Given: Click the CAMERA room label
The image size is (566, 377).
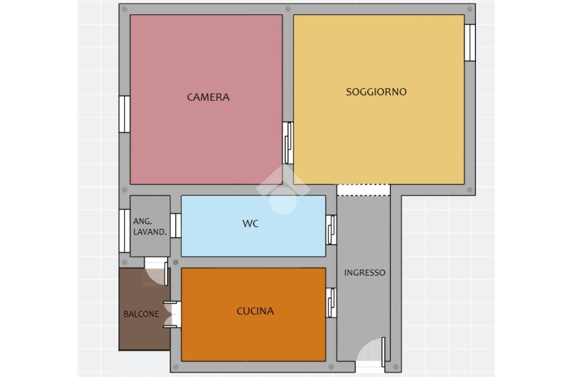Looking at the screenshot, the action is pos(208,97).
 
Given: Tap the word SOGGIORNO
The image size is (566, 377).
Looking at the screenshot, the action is pos(376,92).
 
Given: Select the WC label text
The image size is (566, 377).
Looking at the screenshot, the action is pos(250,223).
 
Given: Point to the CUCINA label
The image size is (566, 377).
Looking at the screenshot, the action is pos(255,311).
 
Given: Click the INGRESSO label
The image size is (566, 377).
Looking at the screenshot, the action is pos(365,273).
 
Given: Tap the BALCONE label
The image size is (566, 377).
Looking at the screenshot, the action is pos(141,314).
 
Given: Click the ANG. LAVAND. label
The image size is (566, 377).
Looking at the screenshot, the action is pos(150,227).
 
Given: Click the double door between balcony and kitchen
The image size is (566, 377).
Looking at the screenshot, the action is pos(172,314).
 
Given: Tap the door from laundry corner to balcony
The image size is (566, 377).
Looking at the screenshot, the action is pos(156,271).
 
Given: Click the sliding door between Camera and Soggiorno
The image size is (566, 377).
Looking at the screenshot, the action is pos(287,143).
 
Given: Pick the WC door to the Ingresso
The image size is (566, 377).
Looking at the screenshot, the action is pos(331,229).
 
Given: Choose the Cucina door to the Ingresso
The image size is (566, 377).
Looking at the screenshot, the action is pos(331,302).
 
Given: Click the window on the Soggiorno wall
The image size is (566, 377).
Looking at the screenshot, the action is pos(470,43).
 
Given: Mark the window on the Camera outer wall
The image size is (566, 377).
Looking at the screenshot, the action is pos(124,114).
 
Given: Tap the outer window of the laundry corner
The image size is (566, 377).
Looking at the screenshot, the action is pos(124,231).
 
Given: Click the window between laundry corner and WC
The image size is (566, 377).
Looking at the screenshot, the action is pos(175,226).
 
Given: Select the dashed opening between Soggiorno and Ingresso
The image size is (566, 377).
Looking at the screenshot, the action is pos(364,190).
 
